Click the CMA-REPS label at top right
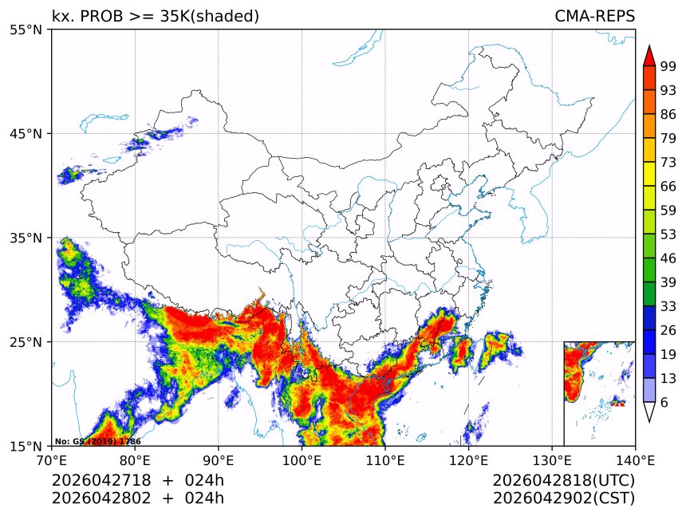pyautogui.click(x=594, y=16)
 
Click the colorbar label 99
pyautogui.click(x=668, y=67)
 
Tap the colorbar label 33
pyautogui.click(x=668, y=306)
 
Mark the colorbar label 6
pyautogui.click(x=664, y=403)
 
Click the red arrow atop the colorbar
pyautogui.click(x=649, y=56)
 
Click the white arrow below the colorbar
pyautogui.click(x=649, y=412)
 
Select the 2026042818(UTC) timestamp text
pyautogui.click(x=563, y=481)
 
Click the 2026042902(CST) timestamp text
pyautogui.click(x=563, y=498)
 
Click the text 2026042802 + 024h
pyautogui.click(x=137, y=498)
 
